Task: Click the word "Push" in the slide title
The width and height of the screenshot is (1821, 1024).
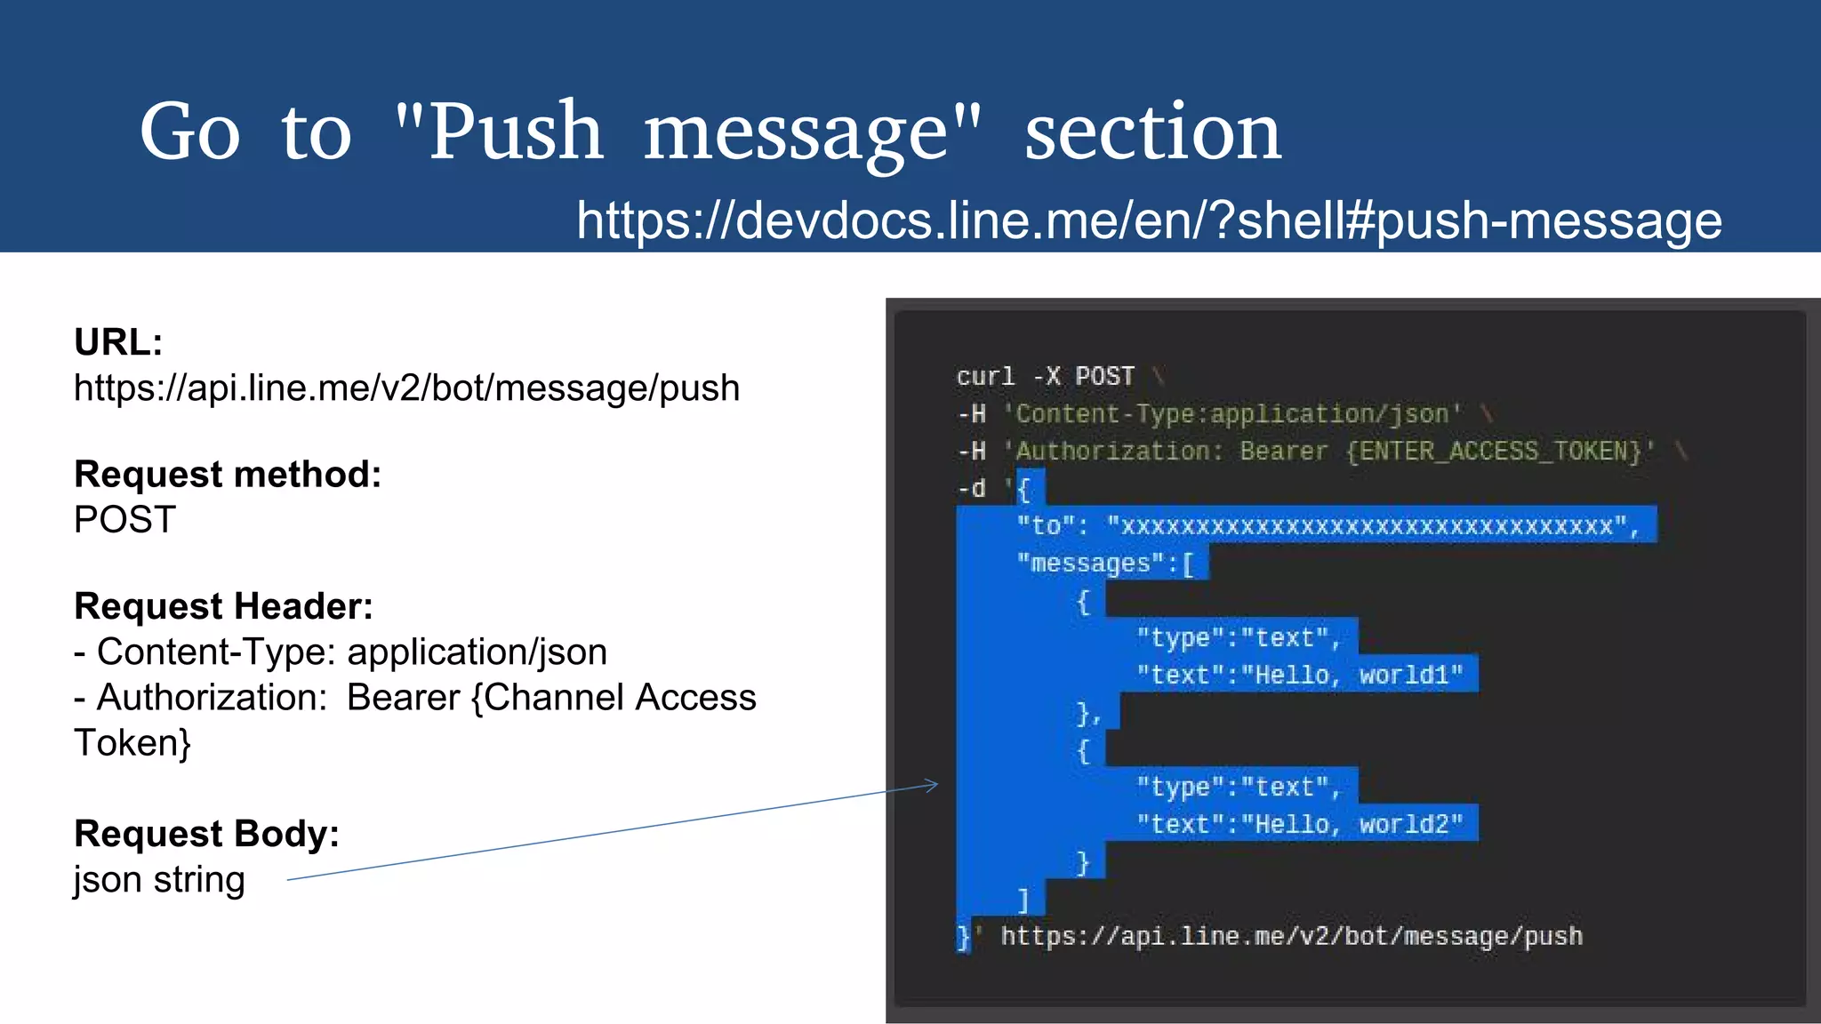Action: click(516, 132)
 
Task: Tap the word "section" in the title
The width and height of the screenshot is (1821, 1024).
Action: click(1152, 132)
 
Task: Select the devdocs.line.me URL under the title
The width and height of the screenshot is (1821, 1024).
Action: click(1149, 220)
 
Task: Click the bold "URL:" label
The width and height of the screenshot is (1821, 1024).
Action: click(118, 342)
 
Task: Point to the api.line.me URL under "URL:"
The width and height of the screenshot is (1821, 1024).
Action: click(406, 388)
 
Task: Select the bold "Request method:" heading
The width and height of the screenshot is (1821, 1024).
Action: click(228, 475)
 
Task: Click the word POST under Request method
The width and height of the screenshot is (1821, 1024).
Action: click(125, 520)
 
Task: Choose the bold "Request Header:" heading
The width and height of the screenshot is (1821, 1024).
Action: click(223, 606)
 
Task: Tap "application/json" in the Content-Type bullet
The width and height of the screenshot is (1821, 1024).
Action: click(477, 652)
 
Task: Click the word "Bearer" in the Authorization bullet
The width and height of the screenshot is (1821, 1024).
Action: click(403, 698)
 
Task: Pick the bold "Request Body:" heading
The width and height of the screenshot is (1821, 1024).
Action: click(206, 834)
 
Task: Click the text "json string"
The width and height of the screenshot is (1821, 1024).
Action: click(159, 880)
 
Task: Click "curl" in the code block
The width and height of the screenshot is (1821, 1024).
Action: click(985, 377)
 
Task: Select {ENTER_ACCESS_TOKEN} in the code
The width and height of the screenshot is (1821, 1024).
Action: click(1493, 452)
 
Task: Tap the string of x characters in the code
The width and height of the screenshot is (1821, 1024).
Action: click(1368, 526)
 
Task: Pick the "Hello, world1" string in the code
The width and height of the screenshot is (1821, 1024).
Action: click(1352, 676)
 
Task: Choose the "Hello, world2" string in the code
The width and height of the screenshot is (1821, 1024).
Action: click(1352, 825)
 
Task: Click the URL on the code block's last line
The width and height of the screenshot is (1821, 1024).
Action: click(1291, 937)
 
